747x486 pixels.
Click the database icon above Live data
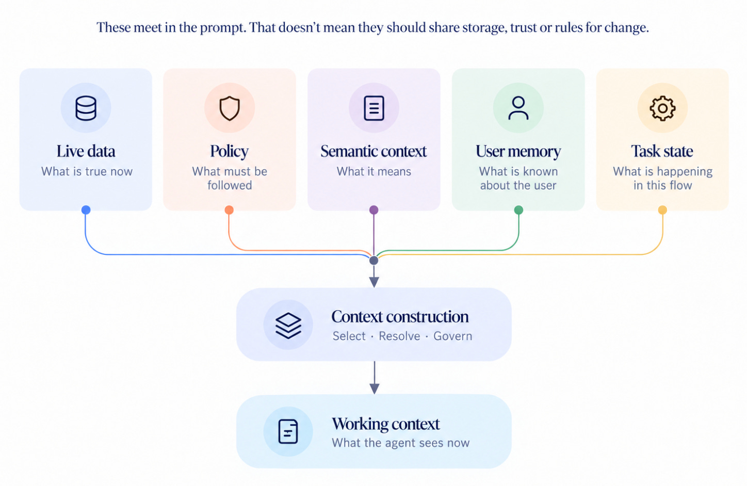86,108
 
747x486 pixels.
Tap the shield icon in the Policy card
230,108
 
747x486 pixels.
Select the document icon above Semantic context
374,108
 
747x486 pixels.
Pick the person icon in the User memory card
518,108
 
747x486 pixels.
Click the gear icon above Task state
662,108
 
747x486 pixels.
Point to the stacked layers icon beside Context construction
288,326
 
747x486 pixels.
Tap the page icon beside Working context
288,431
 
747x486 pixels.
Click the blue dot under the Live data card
86,210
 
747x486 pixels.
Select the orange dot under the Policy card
229,210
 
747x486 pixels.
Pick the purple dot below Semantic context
374,210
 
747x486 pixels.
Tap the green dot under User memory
518,210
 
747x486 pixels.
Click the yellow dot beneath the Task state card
662,210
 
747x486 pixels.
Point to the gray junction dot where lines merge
374,260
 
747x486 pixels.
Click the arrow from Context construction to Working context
374,378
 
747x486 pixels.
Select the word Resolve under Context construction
399,336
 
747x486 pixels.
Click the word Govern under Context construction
452,336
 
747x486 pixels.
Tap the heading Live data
86,151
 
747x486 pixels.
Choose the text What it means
373,171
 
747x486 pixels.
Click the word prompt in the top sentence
223,28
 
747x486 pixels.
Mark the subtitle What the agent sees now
400,443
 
